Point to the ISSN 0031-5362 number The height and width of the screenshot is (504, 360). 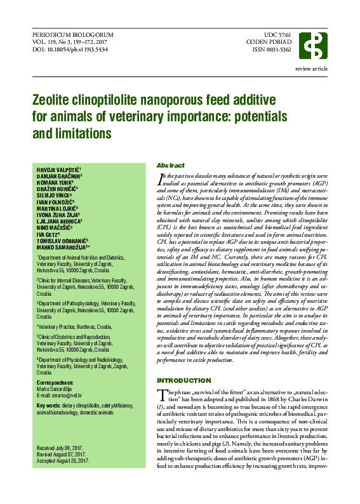(x=274, y=50)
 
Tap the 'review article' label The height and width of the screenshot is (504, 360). (x=312, y=68)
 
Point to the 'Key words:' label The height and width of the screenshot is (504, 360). (x=48, y=405)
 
